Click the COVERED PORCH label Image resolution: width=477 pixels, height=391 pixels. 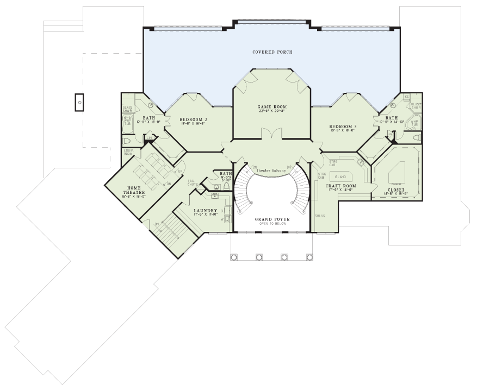click(x=272, y=52)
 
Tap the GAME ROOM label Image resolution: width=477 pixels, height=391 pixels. click(x=272, y=107)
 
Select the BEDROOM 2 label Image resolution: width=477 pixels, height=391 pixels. click(x=193, y=119)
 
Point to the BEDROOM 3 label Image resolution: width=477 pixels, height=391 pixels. click(x=343, y=127)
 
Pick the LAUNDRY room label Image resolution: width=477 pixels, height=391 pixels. click(x=206, y=211)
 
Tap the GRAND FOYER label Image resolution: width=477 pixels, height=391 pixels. click(x=272, y=219)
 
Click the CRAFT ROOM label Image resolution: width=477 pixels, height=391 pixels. click(x=340, y=186)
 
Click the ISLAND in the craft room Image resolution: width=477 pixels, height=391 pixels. click(x=340, y=177)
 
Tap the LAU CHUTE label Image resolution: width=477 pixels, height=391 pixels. click(x=193, y=182)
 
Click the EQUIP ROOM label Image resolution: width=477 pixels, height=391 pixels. click(x=129, y=153)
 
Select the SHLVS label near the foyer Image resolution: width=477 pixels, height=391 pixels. click(x=319, y=216)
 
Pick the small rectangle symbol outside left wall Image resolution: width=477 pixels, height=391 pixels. click(x=79, y=102)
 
